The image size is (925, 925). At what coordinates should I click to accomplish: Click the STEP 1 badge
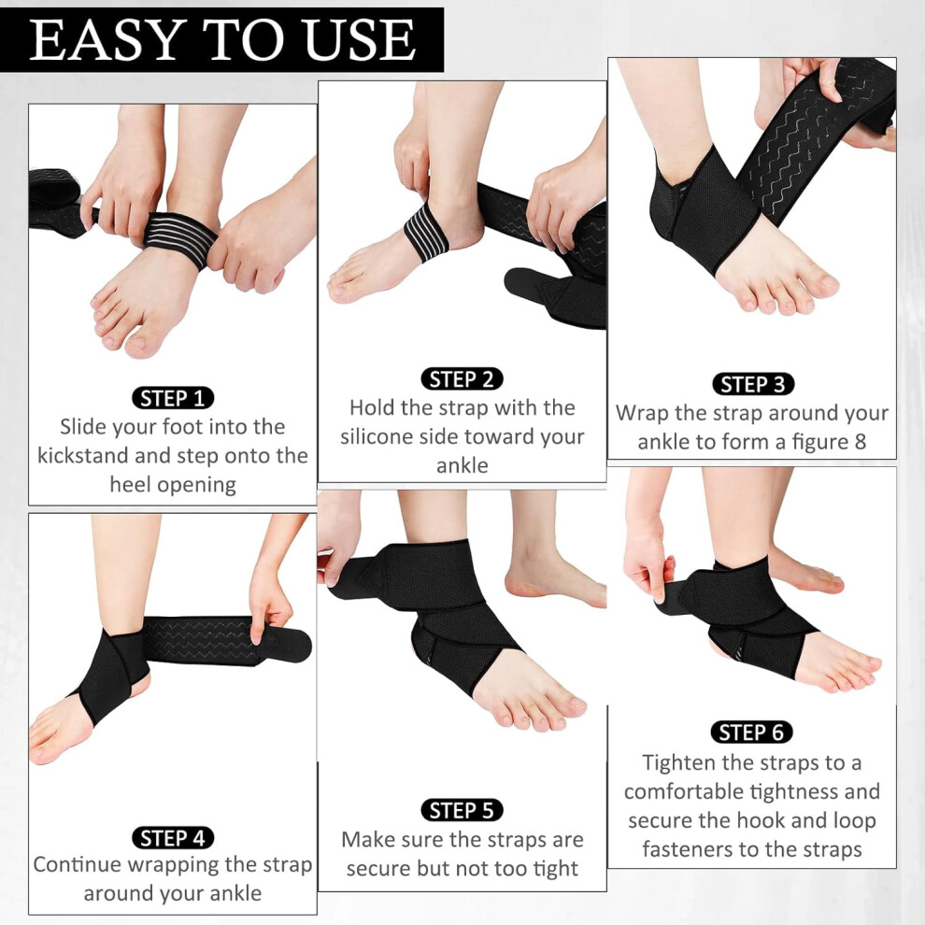pyautogui.click(x=172, y=398)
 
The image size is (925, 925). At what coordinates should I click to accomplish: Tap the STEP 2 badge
pyautogui.click(x=462, y=379)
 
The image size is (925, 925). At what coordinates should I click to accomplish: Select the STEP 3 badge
pyautogui.click(x=753, y=384)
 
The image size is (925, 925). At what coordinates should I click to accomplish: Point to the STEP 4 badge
pyautogui.click(x=172, y=838)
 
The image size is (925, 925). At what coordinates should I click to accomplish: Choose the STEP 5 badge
pyautogui.click(x=462, y=811)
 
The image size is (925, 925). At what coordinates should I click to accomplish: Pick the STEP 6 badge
pyautogui.click(x=751, y=733)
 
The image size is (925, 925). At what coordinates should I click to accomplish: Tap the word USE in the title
pyautogui.click(x=360, y=40)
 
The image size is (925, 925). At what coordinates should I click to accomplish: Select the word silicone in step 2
pyautogui.click(x=377, y=436)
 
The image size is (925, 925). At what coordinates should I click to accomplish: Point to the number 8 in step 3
pyautogui.click(x=861, y=442)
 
